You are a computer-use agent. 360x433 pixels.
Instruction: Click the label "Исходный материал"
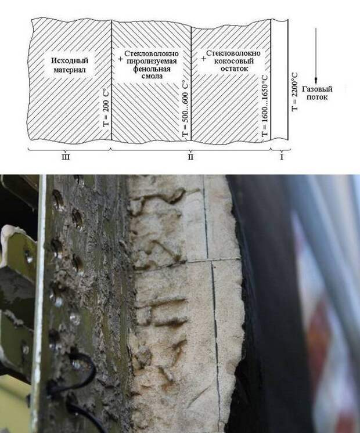point(70,65)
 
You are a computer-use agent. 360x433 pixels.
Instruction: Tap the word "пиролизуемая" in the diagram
point(152,61)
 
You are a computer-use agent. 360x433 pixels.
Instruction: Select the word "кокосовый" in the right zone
point(234,60)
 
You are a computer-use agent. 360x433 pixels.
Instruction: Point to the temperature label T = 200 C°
point(106,107)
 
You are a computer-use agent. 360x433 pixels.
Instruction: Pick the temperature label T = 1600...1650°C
point(265,106)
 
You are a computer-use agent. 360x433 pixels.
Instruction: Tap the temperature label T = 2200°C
point(294,92)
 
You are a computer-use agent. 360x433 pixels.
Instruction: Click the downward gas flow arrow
point(316,55)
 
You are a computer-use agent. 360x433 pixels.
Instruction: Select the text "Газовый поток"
point(317,93)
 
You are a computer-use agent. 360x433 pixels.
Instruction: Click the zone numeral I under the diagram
point(282,157)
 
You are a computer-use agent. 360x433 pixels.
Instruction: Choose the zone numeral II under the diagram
point(190,157)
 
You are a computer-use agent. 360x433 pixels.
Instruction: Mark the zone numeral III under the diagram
point(65,157)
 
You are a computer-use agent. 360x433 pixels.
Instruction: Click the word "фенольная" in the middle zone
point(152,68)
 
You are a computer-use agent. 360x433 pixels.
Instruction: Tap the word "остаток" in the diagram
point(234,68)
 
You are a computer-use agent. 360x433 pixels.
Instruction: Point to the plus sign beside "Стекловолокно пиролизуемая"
point(120,59)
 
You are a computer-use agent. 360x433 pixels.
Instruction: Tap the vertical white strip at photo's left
point(39,304)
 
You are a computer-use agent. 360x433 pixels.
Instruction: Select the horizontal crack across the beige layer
point(188,262)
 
